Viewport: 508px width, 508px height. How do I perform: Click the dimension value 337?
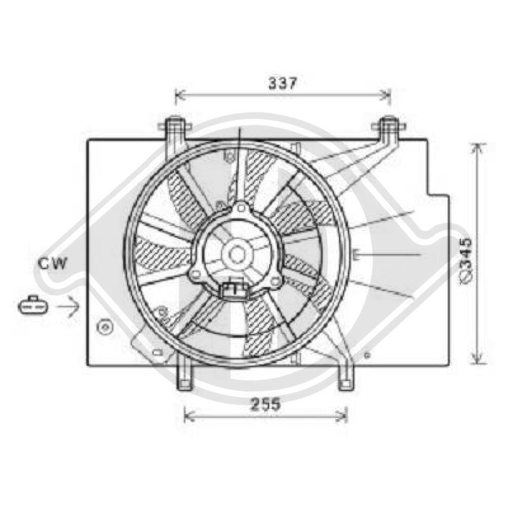(282, 83)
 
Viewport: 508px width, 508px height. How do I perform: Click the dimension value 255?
(265, 405)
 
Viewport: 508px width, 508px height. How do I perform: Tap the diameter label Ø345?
(466, 262)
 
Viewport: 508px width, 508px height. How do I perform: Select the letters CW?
(52, 264)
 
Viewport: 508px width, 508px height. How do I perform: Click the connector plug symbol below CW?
(33, 305)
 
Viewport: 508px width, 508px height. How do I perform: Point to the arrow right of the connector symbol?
(68, 305)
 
